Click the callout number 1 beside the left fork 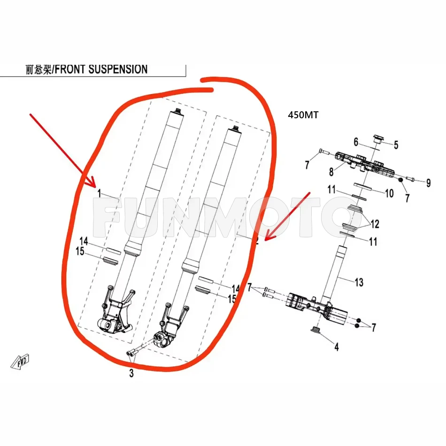99,193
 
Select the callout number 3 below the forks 131,374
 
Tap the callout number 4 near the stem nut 336,347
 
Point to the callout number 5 395,145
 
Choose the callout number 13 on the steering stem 359,283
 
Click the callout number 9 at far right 428,184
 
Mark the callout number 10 389,193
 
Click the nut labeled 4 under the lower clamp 315,331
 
